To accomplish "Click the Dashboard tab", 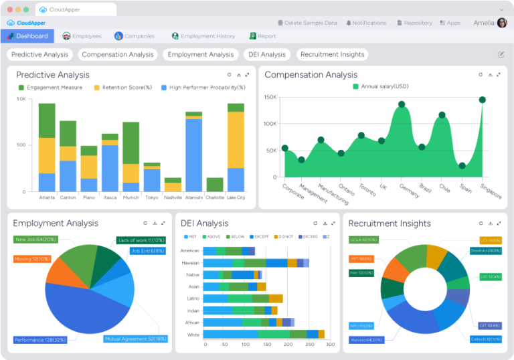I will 27,36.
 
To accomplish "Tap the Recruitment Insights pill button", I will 332,54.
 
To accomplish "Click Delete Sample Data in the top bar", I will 307,23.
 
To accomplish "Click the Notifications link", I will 366,23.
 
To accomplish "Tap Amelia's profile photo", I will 502,23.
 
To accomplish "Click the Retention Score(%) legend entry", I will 123,87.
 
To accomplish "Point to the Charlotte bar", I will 215,185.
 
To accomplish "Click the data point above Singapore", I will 482,100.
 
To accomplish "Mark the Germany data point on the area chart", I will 402,104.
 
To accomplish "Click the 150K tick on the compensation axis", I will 270,97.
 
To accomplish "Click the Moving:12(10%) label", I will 31,259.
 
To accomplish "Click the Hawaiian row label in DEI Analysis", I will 190,263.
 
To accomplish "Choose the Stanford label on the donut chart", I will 486,251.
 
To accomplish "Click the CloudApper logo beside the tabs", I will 20,23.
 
